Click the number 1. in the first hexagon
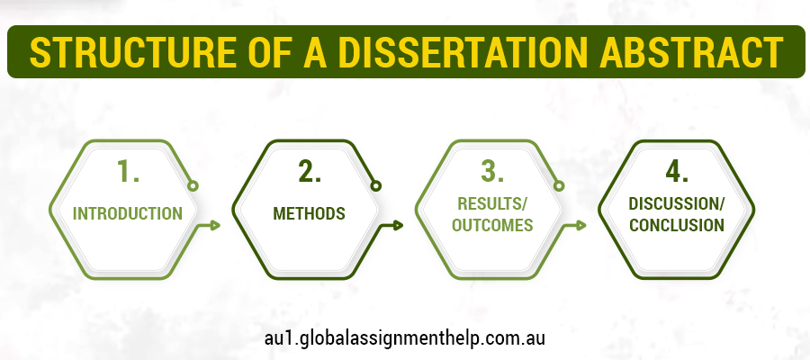(x=128, y=172)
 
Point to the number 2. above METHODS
(x=310, y=172)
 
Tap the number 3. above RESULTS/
(x=493, y=172)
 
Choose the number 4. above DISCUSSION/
(x=677, y=172)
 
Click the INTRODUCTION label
(x=128, y=214)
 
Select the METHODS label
(x=310, y=214)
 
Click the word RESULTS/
(x=493, y=204)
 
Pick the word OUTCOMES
(x=493, y=225)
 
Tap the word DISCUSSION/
(x=677, y=204)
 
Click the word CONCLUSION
(x=677, y=225)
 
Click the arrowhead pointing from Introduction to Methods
(x=216, y=225)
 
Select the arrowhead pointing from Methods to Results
(x=399, y=225)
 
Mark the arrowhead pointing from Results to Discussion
(x=581, y=225)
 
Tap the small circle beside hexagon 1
(x=193, y=186)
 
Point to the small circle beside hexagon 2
(x=375, y=186)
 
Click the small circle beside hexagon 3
(x=558, y=186)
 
